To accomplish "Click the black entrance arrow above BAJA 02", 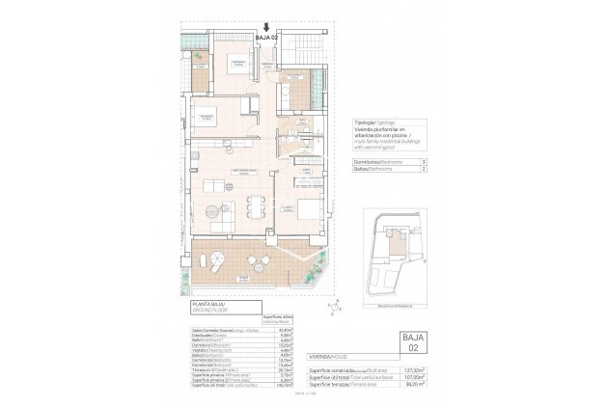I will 266,27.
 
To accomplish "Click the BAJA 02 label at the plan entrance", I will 266,38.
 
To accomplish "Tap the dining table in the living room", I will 255,205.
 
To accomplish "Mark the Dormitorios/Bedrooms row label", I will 376,162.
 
